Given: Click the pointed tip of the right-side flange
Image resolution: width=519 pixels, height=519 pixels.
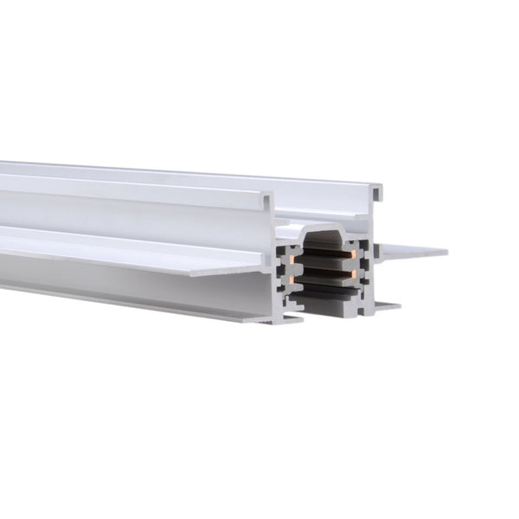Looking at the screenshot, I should click(x=445, y=253).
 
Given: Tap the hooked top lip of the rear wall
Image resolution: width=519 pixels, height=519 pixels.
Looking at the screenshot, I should click(x=379, y=187).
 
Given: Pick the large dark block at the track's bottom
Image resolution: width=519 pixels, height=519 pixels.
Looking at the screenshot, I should click(x=333, y=304).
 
